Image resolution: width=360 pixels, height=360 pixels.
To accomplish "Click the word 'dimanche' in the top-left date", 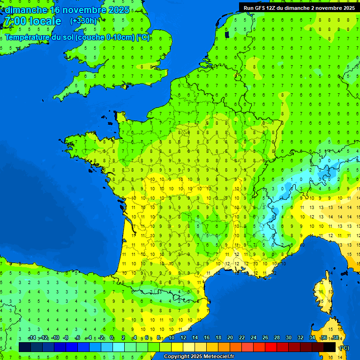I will click(26, 10).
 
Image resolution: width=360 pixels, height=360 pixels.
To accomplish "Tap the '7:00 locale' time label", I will click(33, 21).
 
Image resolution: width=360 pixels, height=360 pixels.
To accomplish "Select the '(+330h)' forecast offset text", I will click(83, 21).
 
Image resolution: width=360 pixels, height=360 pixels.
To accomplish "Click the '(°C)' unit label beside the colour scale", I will click(344, 348).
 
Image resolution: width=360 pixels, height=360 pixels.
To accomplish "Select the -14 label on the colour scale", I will click(32, 338).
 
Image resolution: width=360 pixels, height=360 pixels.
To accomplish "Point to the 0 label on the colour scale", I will click(112, 338).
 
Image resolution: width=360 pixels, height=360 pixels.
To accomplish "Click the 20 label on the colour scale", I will click(230, 338).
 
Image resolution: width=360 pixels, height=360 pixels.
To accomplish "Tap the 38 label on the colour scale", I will click(336, 338).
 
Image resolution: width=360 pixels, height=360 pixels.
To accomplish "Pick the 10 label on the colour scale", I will click(172, 338).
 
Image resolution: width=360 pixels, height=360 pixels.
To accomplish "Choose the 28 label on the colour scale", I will click(277, 338).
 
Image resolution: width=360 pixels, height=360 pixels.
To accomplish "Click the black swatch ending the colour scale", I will click(330, 347).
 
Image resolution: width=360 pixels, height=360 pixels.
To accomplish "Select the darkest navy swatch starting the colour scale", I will click(25, 347).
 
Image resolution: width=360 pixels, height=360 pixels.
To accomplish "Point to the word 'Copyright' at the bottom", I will click(177, 357).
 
